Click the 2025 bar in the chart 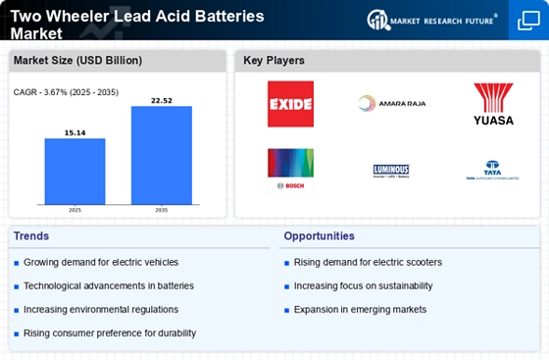[75, 172]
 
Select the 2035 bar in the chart [161, 156]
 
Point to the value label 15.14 [75, 131]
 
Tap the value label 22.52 [161, 99]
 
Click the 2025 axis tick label [75, 211]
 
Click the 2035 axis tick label [161, 211]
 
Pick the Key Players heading [275, 62]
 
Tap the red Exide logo [290, 104]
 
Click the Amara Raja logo [391, 104]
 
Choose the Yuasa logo [492, 104]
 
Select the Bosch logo [290, 170]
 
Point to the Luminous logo [391, 171]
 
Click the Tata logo [492, 171]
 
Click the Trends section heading [31, 236]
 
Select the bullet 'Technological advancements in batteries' [110, 285]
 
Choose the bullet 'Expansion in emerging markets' [360, 309]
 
